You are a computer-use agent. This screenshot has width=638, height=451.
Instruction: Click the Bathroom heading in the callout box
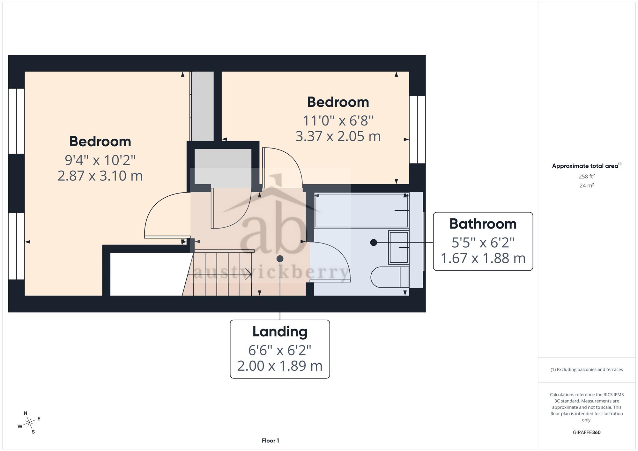483,224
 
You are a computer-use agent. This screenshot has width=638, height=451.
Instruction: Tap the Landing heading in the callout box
280,332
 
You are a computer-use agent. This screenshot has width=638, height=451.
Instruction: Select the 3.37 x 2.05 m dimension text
338,136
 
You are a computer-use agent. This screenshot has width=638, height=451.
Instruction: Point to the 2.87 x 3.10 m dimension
100,176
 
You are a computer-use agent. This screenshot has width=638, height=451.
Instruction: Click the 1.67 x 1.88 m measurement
483,258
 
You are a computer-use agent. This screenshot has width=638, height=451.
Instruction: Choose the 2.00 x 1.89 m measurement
280,366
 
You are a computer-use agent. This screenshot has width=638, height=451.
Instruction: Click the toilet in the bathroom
390,277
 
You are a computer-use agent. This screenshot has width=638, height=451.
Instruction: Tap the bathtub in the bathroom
361,211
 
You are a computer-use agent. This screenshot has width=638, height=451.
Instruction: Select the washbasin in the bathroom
399,247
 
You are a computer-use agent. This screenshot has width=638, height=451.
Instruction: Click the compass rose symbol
29,423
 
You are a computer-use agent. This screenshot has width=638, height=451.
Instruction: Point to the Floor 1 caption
270,440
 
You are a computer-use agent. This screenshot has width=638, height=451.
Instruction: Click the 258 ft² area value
587,176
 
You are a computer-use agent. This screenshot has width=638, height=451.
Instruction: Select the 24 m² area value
587,185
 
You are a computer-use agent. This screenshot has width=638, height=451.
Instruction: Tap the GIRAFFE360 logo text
587,433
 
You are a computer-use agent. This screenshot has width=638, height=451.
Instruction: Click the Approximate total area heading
587,166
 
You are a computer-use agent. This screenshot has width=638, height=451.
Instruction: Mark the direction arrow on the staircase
220,274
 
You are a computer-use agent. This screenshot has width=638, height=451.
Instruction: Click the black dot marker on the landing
280,258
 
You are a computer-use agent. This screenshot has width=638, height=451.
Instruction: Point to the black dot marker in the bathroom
374,243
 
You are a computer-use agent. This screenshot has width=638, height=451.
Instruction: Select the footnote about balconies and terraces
587,370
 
